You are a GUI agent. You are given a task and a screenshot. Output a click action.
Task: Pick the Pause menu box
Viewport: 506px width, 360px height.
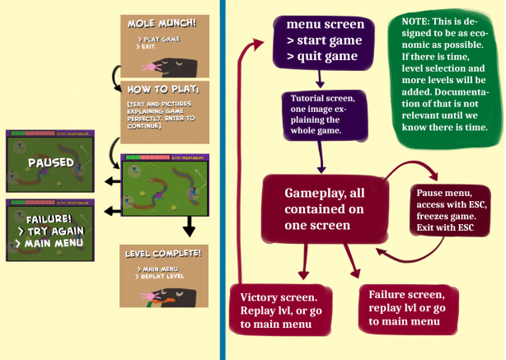pyautogui.click(x=448, y=209)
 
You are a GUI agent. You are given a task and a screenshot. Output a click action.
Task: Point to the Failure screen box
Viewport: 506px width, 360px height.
pyautogui.click(x=407, y=308)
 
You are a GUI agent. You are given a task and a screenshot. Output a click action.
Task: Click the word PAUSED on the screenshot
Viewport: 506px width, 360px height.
pyautogui.click(x=50, y=162)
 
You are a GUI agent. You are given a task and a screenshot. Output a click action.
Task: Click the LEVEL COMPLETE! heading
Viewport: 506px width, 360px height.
pyautogui.click(x=162, y=251)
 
